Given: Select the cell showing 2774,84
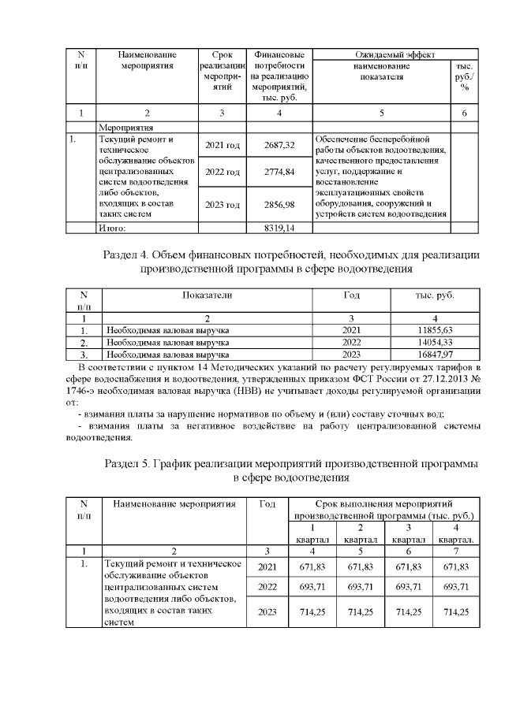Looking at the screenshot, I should coord(279,171).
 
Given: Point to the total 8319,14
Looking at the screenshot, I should coord(279,228).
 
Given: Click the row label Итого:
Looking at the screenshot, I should coord(112,228).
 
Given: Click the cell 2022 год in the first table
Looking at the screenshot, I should coord(222,171).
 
